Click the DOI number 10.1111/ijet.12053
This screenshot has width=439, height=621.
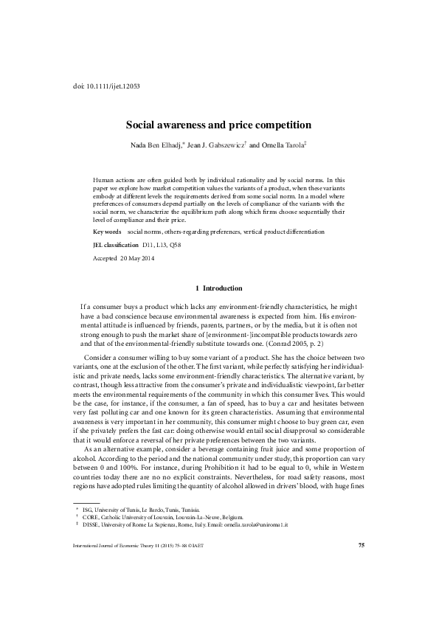[114, 86]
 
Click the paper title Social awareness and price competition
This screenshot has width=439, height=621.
[219, 125]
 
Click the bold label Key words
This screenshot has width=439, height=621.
[107, 232]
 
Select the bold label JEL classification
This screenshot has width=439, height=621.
[115, 244]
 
